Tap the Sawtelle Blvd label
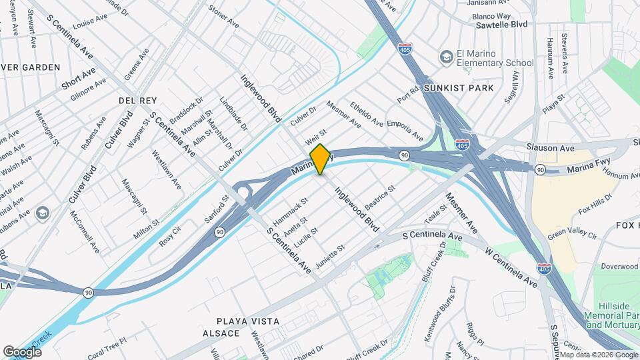pos(501,23)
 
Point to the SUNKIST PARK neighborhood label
pos(466,87)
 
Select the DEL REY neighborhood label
pos(137,100)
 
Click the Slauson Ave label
pos(550,147)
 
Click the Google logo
pos(22,351)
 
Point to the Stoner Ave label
pos(223,17)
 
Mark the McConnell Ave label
pos(85,232)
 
